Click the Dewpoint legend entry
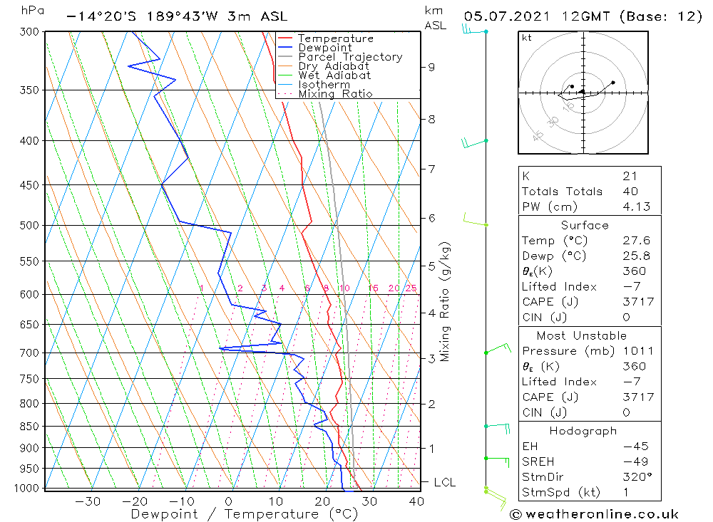coord(324,48)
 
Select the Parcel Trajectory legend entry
coord(350,57)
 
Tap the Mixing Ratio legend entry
coord(335,94)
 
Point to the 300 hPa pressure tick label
coord(29,32)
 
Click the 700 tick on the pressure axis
coord(29,353)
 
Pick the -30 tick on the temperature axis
coord(88,501)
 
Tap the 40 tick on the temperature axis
coord(416,501)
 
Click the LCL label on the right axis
coord(444,483)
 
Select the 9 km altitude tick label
coord(431,67)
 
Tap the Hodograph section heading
coord(584,431)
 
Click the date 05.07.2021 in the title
coord(503,16)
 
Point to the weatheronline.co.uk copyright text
coord(594,514)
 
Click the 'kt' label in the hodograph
coord(526,38)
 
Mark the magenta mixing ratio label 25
coord(411,288)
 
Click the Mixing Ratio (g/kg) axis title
coord(446,302)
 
